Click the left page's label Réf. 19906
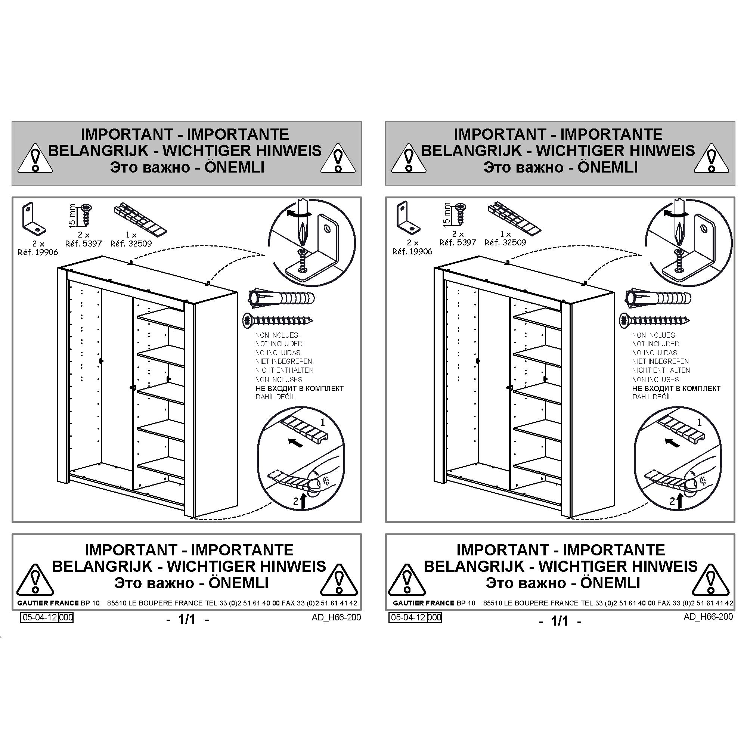(x=38, y=252)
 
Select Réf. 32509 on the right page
(x=505, y=243)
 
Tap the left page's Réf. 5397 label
(x=84, y=244)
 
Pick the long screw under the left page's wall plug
(x=278, y=320)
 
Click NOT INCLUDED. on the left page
(x=279, y=344)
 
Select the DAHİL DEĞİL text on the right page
(x=652, y=397)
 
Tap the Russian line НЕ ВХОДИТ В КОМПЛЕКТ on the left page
(x=299, y=388)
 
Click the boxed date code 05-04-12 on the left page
(x=40, y=617)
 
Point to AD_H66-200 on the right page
(x=708, y=616)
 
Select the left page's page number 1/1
(x=187, y=619)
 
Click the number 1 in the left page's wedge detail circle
(x=323, y=422)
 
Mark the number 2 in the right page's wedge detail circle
(x=672, y=501)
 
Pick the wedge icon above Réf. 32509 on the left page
(x=140, y=219)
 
